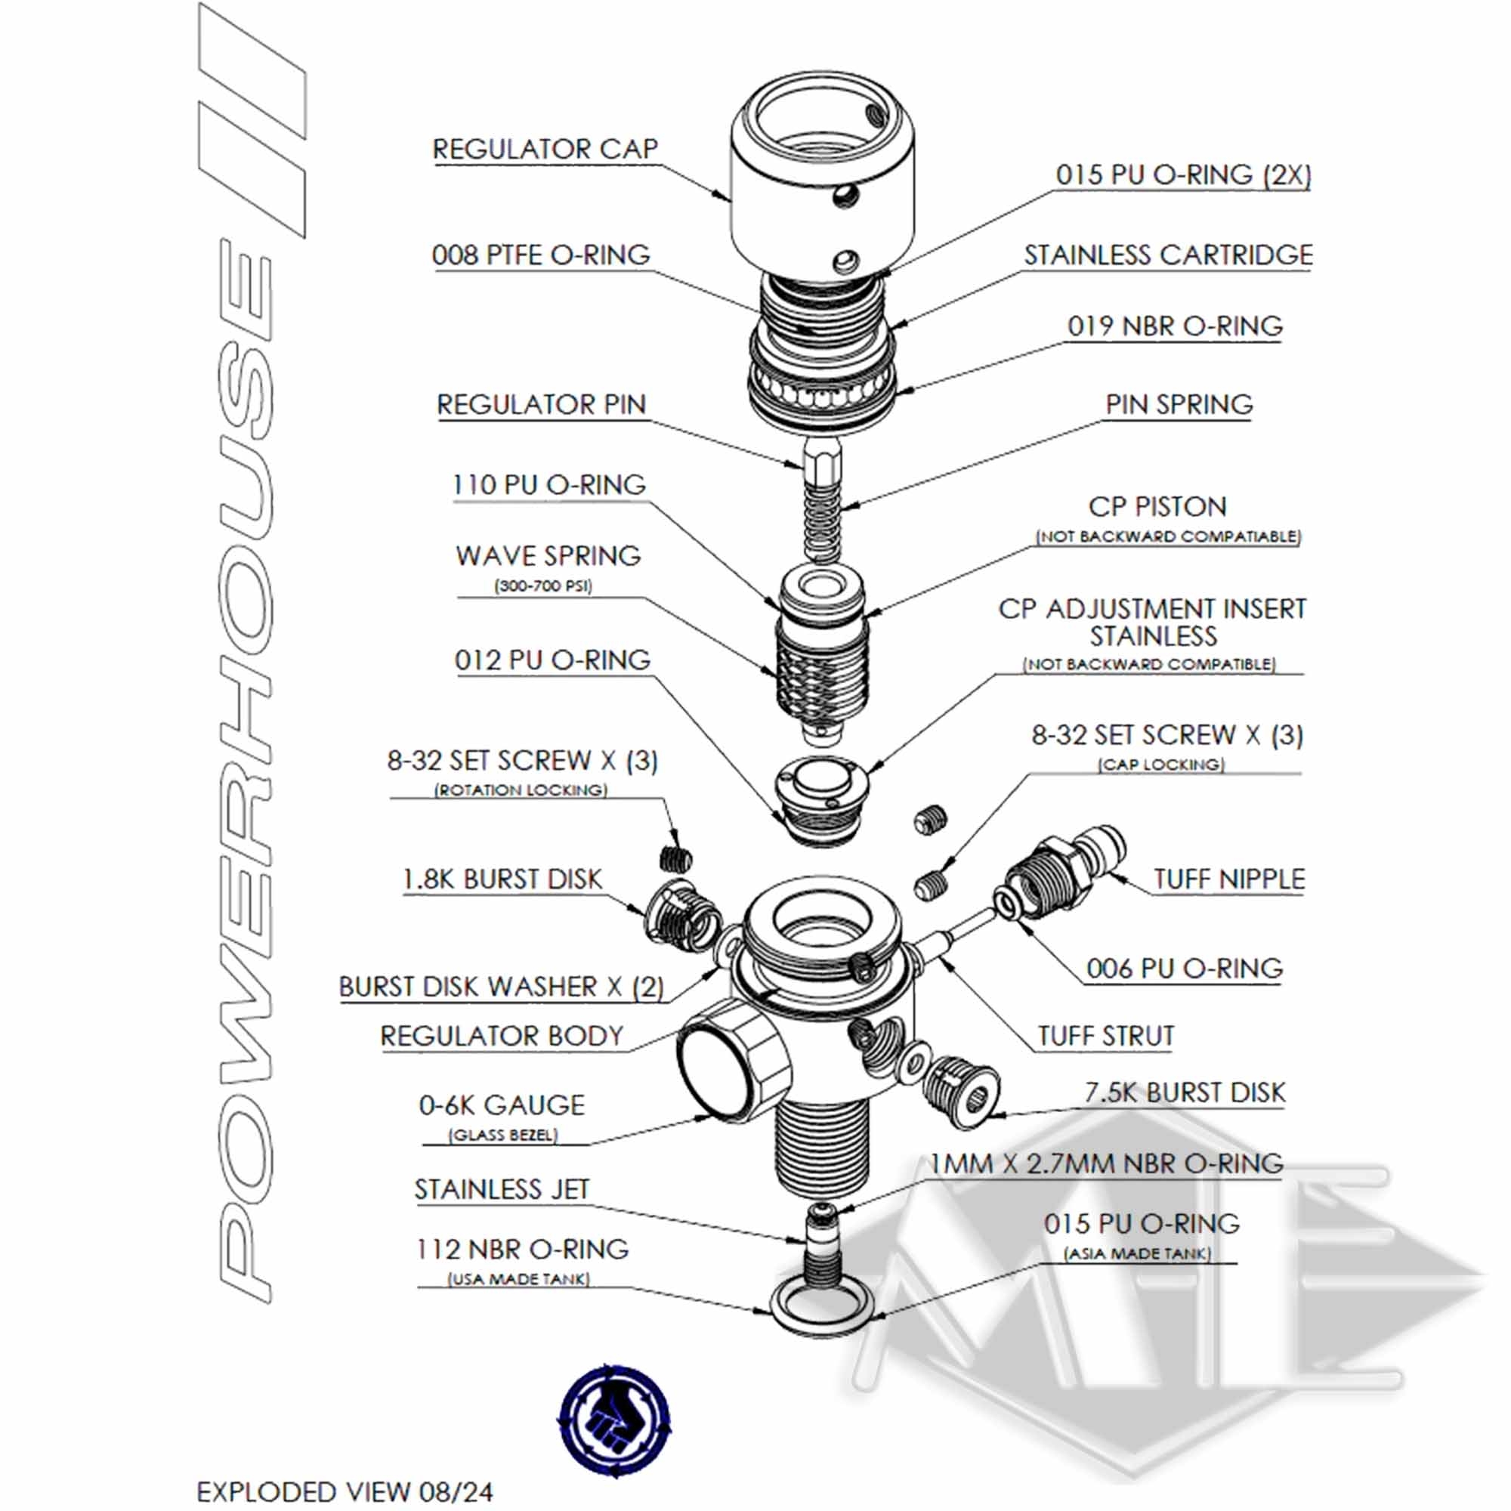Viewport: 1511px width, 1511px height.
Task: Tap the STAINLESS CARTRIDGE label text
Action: tap(1168, 255)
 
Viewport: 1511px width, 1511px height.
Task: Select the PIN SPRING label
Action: tap(1179, 404)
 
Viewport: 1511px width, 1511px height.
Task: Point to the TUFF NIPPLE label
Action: tap(1228, 879)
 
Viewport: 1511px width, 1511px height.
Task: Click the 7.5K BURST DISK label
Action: tap(1184, 1092)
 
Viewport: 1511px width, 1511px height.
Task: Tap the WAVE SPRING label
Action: tap(548, 556)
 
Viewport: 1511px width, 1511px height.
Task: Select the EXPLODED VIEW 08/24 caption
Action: tap(344, 1491)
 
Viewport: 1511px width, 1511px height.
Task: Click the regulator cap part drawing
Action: tap(822, 180)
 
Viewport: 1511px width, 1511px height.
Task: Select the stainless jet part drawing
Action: tap(820, 1241)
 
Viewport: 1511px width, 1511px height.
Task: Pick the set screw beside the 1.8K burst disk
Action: tap(676, 860)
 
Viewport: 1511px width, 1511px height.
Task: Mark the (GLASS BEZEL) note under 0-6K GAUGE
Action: tap(503, 1135)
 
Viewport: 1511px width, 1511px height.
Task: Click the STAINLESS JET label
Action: tap(502, 1190)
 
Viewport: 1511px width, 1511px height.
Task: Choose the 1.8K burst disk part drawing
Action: tap(681, 914)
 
